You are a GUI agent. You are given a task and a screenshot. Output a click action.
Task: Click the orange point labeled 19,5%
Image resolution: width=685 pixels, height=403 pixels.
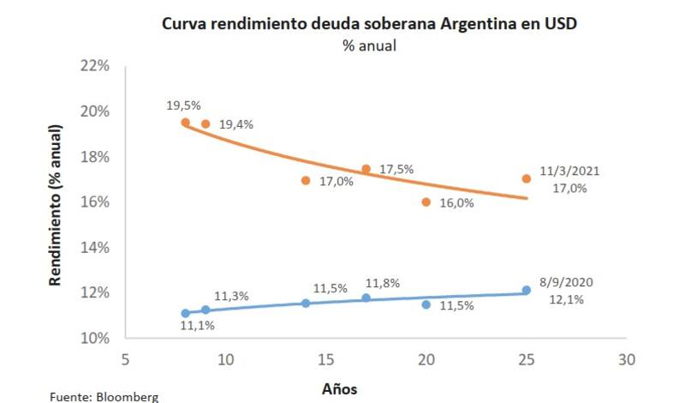(x=185, y=123)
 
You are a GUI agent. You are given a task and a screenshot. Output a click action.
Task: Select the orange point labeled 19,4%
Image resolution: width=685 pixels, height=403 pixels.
(x=205, y=123)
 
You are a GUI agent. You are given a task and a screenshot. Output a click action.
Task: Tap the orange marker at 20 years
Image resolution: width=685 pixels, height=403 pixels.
(x=426, y=202)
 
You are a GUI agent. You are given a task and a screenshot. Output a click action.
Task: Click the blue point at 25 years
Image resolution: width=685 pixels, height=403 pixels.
(x=527, y=291)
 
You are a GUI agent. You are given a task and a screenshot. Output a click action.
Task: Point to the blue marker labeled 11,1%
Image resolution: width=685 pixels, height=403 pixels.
(x=185, y=313)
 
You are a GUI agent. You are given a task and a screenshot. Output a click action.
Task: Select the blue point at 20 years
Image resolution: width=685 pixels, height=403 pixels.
(x=426, y=304)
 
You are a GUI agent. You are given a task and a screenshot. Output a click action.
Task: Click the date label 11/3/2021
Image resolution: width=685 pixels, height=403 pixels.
(x=569, y=171)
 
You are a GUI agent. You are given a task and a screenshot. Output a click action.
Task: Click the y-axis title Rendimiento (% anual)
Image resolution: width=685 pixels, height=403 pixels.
(x=55, y=205)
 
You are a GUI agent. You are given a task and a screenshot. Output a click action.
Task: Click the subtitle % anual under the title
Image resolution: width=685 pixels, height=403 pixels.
(x=369, y=45)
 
